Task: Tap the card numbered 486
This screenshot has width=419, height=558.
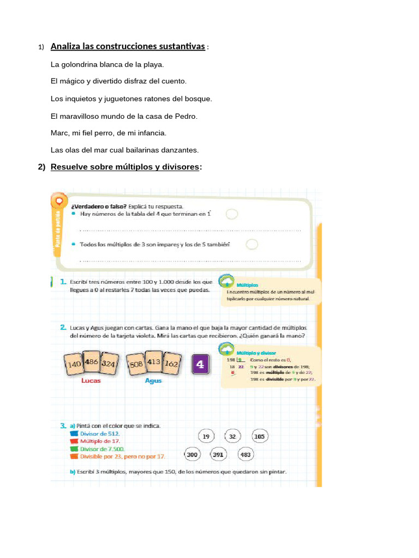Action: tap(91, 362)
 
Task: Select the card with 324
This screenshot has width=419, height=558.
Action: tap(107, 364)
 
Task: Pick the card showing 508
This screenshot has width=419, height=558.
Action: tap(136, 364)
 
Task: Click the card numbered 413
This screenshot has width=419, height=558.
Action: tap(154, 362)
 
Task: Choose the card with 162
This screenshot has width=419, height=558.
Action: tap(171, 364)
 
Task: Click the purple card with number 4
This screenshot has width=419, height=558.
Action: tap(200, 365)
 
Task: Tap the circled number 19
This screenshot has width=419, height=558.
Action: tap(206, 436)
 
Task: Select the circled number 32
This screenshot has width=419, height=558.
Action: tap(232, 436)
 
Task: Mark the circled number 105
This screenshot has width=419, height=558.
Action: tap(259, 436)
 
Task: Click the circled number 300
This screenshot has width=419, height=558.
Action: tap(192, 454)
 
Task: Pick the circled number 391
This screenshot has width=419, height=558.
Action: tap(218, 454)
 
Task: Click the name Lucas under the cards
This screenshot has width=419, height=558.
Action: tap(91, 381)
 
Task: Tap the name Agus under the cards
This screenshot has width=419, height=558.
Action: tap(153, 381)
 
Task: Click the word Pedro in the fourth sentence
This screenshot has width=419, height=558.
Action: tap(186, 116)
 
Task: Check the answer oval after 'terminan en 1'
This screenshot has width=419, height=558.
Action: tap(232, 214)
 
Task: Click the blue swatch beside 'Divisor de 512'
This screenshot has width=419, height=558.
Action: tap(74, 434)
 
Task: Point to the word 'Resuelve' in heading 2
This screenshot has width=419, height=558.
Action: tap(70, 167)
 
